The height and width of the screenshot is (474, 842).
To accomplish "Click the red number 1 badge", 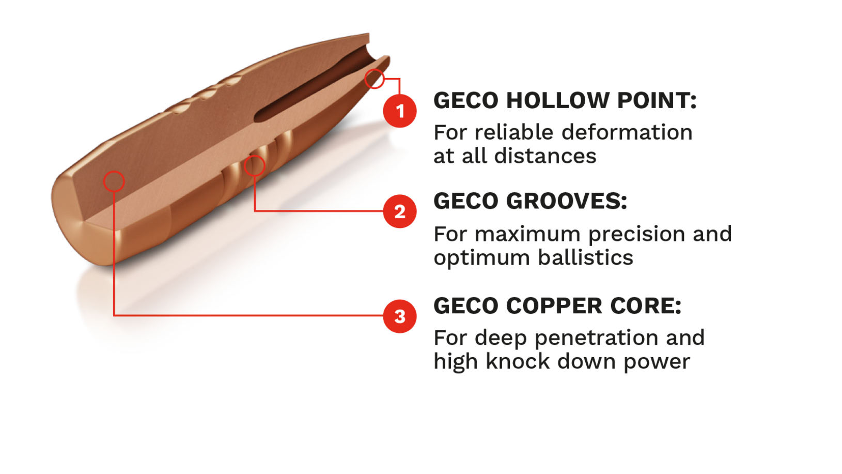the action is click(x=400, y=111).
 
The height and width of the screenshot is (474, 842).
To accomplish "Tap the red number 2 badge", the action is click(x=400, y=211).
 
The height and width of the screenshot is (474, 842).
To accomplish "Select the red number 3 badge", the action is click(x=400, y=316).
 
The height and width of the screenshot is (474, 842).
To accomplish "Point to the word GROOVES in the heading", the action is click(x=567, y=201).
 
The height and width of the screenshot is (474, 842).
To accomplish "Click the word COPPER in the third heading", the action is click(x=554, y=305).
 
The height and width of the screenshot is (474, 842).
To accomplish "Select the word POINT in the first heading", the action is click(x=657, y=100).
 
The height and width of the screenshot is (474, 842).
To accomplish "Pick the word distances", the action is click(x=545, y=156).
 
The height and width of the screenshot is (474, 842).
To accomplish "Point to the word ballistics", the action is click(x=586, y=258).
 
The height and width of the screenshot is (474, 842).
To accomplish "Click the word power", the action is click(x=657, y=363).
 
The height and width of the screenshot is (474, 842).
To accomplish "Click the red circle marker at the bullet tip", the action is click(x=375, y=79).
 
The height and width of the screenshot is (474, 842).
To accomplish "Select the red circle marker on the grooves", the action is click(x=255, y=166).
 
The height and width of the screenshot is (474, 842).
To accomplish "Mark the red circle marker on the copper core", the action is click(x=114, y=181).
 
